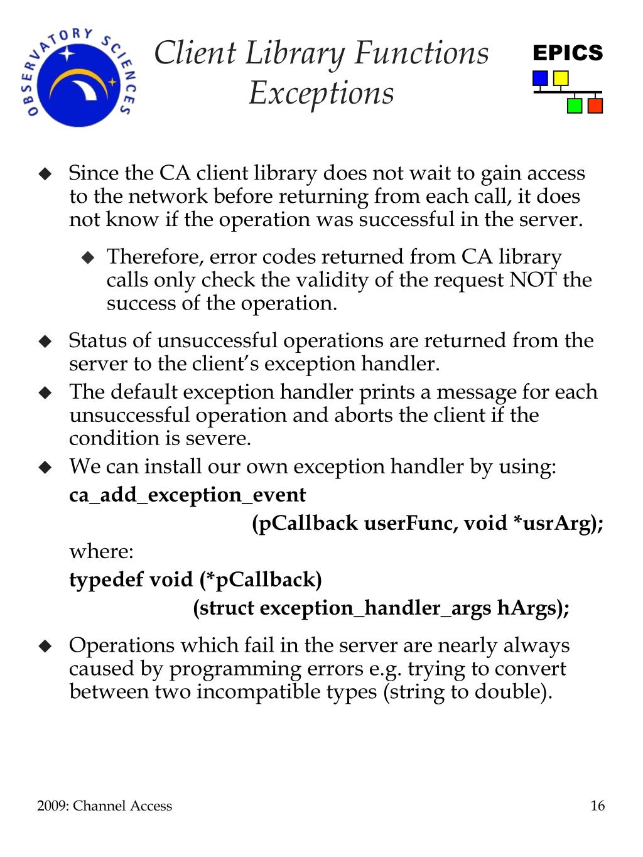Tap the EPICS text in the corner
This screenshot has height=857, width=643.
coord(568,53)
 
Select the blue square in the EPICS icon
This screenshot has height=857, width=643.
coord(539,78)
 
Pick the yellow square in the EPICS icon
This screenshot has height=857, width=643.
coord(560,78)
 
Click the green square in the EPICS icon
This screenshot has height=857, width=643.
coord(574,105)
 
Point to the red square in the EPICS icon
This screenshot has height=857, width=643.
coord(595,105)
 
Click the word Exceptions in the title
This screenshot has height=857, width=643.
coord(321,94)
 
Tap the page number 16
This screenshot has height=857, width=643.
coord(597,806)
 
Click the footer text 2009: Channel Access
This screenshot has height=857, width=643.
coord(104,806)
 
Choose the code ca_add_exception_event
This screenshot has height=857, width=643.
coord(187,495)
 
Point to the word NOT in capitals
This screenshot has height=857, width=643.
coord(532,280)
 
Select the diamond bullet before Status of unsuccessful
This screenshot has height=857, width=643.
coord(45,342)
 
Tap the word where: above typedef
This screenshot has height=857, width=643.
coord(101,551)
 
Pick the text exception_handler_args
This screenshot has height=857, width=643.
coord(375,608)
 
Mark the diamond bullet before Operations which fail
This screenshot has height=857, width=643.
coord(45,646)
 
